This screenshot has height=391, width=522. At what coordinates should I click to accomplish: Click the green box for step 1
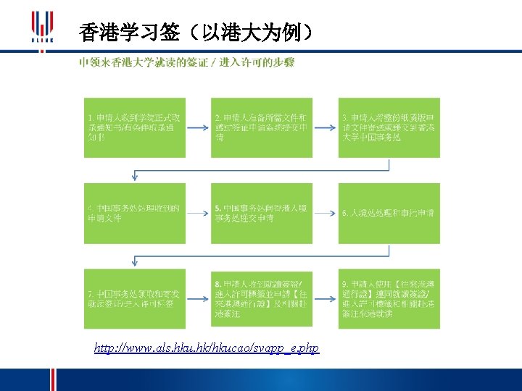pyautogui.click(x=134, y=127)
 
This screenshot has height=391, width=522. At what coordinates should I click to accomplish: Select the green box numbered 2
pyautogui.click(x=262, y=127)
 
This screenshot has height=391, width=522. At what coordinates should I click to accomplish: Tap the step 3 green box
pyautogui.click(x=389, y=127)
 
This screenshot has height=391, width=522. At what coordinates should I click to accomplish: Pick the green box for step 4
pyautogui.click(x=134, y=213)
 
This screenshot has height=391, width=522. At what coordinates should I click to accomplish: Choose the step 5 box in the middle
pyautogui.click(x=262, y=213)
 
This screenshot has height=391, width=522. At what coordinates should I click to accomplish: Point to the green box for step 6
pyautogui.click(x=389, y=213)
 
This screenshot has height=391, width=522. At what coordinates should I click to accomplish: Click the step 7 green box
pyautogui.click(x=134, y=298)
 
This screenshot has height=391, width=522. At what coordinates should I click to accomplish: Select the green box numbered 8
pyautogui.click(x=262, y=298)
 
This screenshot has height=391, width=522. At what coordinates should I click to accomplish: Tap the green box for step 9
pyautogui.click(x=389, y=298)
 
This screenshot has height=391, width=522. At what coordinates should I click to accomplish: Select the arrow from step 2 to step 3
pyautogui.click(x=326, y=127)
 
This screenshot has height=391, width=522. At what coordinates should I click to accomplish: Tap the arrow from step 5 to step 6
pyautogui.click(x=326, y=213)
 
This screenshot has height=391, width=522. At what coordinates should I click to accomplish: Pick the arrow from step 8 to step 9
pyautogui.click(x=326, y=298)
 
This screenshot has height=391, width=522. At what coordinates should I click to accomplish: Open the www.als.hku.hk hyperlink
pyautogui.click(x=207, y=349)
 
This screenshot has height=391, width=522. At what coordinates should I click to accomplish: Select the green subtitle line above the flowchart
pyautogui.click(x=187, y=63)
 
